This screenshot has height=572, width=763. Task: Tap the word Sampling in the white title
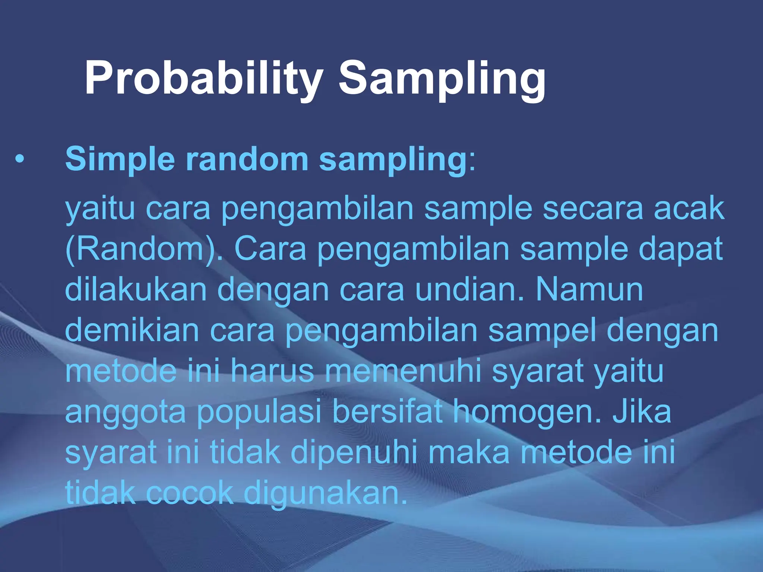(441, 79)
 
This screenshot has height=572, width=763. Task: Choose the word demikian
(132, 331)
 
